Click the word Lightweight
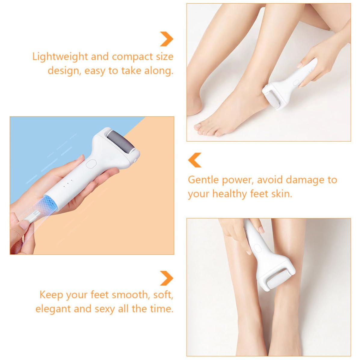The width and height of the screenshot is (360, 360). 60,57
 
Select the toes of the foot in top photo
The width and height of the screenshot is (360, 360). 207,130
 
